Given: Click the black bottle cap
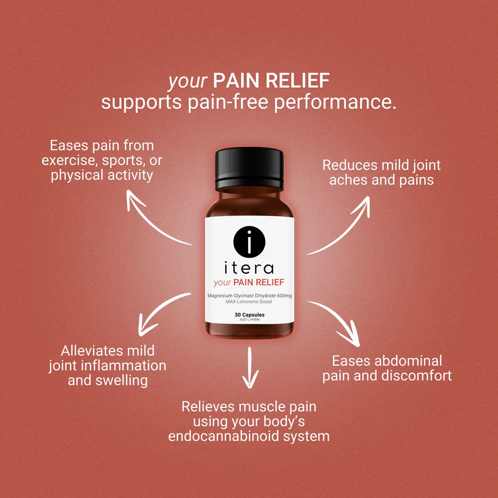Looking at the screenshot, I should click(249, 169).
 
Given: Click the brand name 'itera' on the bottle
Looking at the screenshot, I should click(249, 267).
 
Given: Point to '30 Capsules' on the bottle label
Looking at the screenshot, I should click(249, 315).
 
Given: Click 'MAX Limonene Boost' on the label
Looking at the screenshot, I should click(249, 301).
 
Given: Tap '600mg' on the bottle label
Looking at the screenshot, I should click(281, 295).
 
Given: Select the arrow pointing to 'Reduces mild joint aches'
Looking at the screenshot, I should click(342, 226).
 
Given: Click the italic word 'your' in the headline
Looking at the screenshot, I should click(188, 80).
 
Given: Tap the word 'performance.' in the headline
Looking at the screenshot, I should click(335, 102).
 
